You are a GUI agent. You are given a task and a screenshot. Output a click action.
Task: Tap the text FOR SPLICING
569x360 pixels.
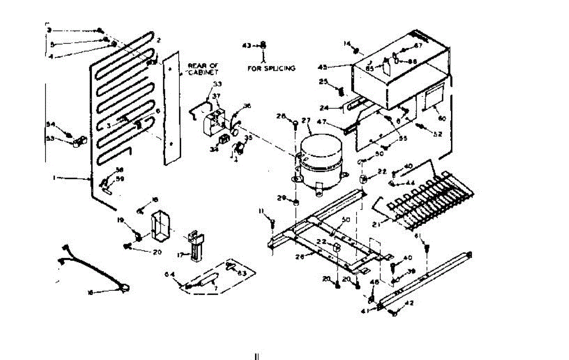[x=271, y=68]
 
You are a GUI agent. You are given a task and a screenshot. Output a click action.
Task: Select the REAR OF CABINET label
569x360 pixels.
[x=203, y=69]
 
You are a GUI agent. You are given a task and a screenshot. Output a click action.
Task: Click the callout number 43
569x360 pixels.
[x=246, y=46]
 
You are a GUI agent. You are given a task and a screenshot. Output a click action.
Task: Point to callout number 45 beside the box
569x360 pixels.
[x=336, y=66]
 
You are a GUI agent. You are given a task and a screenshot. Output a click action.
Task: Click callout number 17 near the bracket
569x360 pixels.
[x=181, y=255]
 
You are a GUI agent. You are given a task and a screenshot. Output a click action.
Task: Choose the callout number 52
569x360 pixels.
[x=437, y=134]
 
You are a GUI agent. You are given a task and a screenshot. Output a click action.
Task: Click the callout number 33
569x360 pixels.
[x=217, y=84]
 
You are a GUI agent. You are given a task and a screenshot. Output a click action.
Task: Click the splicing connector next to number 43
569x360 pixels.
[x=264, y=46]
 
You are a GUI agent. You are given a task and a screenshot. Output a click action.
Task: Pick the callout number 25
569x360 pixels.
[x=323, y=82]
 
